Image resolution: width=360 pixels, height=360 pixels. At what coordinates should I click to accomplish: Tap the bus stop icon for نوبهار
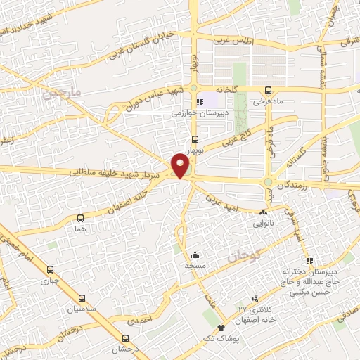click(x=195, y=139)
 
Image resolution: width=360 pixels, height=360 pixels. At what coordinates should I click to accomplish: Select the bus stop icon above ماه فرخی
click(x=269, y=91)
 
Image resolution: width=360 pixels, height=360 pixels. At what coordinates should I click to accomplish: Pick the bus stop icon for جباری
click(x=50, y=269)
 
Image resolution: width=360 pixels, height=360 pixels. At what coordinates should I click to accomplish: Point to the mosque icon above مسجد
click(x=195, y=255)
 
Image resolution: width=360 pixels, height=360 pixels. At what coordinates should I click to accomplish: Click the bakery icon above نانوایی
click(x=264, y=212)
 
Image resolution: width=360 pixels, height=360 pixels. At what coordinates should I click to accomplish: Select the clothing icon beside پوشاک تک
click(x=221, y=328)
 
